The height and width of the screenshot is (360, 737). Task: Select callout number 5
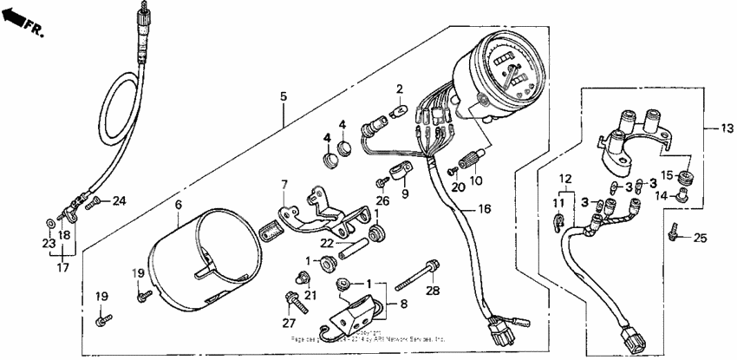(282, 96)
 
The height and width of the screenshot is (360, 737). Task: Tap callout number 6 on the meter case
(178, 204)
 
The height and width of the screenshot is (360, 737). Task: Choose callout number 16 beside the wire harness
(483, 210)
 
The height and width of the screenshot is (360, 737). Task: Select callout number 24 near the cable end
(119, 201)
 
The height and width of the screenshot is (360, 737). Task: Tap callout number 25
(700, 237)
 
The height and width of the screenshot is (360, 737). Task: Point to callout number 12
(564, 179)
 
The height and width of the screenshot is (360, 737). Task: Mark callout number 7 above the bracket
(283, 184)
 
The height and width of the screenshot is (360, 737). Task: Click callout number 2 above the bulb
(400, 88)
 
